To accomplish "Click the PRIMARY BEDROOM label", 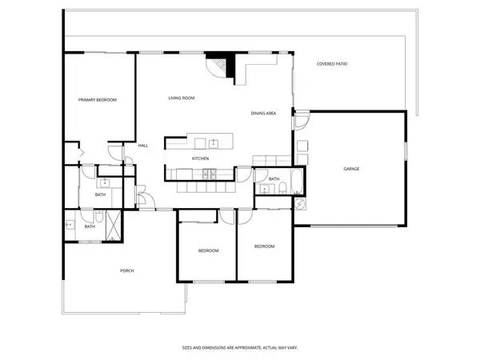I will pyautogui.click(x=97, y=100).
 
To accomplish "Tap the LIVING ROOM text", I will pyautogui.click(x=182, y=98).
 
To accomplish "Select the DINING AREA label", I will pyautogui.click(x=263, y=114).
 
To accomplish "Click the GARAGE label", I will pyautogui.click(x=351, y=169).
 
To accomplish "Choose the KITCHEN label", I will pyautogui.click(x=200, y=158).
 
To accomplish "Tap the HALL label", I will pyautogui.click(x=143, y=146).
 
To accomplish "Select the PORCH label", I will pyautogui.click(x=126, y=270).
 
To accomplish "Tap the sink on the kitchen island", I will pyautogui.click(x=214, y=144).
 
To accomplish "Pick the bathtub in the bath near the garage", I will pyautogui.click(x=295, y=182).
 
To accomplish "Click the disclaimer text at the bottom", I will pyautogui.click(x=240, y=348).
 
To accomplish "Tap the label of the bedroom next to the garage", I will pyautogui.click(x=264, y=246).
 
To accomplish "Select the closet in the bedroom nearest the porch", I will pyautogui.click(x=196, y=216).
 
